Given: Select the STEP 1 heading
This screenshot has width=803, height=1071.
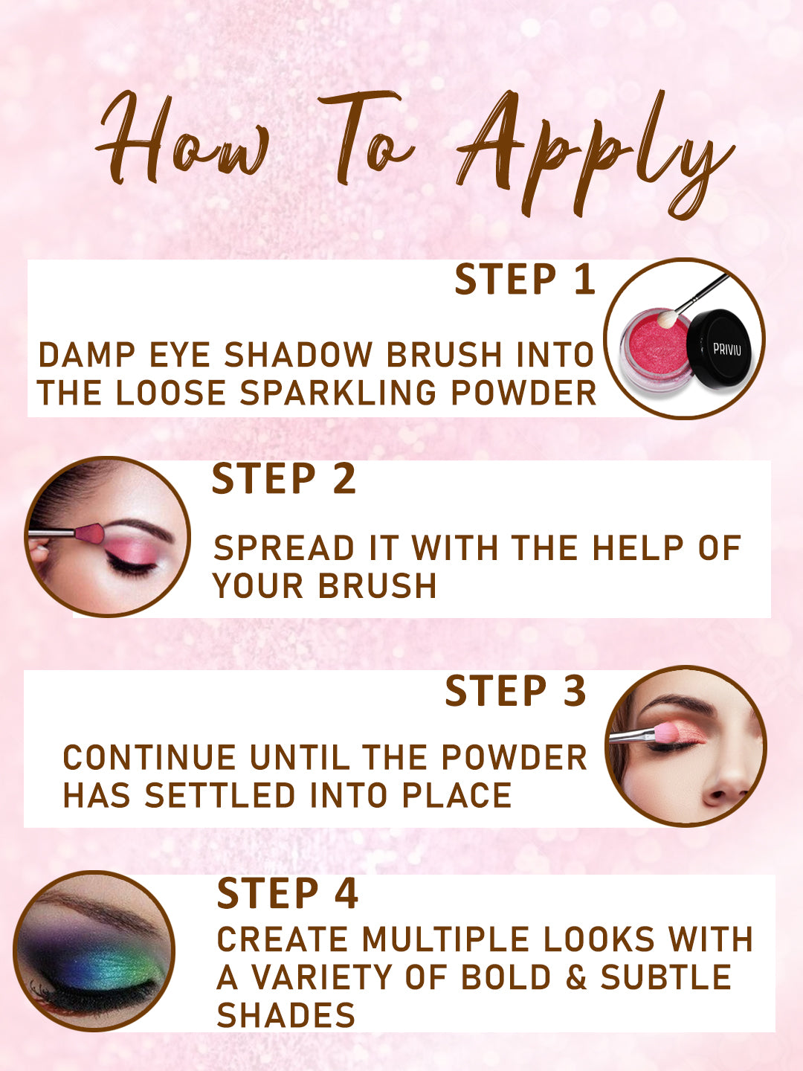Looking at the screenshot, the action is pyautogui.click(x=525, y=279).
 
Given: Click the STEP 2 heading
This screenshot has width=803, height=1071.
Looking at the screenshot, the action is pyautogui.click(x=284, y=479).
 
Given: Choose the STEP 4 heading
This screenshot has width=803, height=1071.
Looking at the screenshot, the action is pyautogui.click(x=288, y=893).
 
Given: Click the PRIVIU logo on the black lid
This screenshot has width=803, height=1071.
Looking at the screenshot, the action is pyautogui.click(x=726, y=349).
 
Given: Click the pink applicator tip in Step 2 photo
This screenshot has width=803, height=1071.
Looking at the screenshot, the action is pyautogui.click(x=90, y=534).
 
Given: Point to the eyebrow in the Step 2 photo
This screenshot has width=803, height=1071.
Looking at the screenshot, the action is pyautogui.click(x=141, y=528).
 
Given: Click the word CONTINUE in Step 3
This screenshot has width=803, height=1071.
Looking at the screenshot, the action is pyautogui.click(x=149, y=758).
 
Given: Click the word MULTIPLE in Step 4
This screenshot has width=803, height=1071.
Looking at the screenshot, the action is pyautogui.click(x=445, y=939).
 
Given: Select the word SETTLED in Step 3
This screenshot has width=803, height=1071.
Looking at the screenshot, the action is pyautogui.click(x=220, y=796).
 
